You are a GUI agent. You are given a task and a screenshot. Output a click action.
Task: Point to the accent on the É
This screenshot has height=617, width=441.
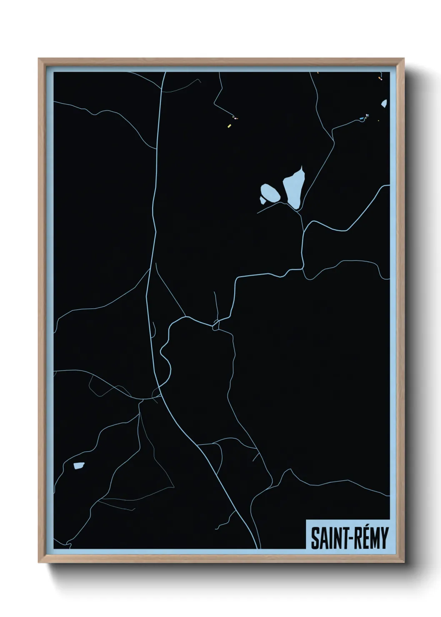pyautogui.click(x=361, y=528)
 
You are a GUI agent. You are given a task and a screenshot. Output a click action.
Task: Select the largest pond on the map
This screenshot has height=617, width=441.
pyautogui.click(x=294, y=187)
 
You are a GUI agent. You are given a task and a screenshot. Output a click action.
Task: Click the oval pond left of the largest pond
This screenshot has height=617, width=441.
pyautogui.click(x=270, y=193)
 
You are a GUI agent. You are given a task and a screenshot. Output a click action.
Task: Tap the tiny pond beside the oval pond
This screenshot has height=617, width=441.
pyautogui.click(x=263, y=201)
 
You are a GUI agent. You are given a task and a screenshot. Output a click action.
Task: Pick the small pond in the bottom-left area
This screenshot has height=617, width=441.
pyautogui.click(x=78, y=466)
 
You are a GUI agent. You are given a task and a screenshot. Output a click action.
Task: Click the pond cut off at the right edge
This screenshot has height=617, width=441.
pyautogui.click(x=384, y=103)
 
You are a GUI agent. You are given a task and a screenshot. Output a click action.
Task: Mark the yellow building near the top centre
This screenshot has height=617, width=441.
pyautogui.click(x=229, y=125)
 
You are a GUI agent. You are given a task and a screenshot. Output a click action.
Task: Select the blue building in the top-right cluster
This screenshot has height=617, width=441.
pyautogui.click(x=362, y=119)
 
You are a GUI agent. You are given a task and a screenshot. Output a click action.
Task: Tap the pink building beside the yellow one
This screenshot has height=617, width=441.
pyautogui.click(x=236, y=118)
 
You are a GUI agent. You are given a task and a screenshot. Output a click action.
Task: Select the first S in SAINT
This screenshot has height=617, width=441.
pyautogui.click(x=315, y=539)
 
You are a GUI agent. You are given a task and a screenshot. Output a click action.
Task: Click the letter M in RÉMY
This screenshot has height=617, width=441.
pyautogui.click(x=373, y=539)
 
